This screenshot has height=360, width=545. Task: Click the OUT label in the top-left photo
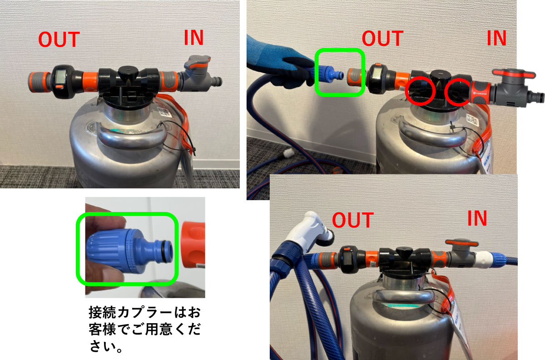click(x=59, y=39)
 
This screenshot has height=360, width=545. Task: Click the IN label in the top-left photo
click(x=193, y=38)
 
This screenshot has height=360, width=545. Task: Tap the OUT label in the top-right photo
click(x=382, y=38)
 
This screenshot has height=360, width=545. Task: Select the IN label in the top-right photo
click(x=496, y=38)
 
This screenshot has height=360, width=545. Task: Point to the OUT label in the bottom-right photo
click(x=353, y=220)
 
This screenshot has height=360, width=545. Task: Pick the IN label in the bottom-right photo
click(x=477, y=218)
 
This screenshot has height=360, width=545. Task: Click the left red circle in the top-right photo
click(x=420, y=91)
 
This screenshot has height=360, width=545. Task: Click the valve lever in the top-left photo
click(x=197, y=62)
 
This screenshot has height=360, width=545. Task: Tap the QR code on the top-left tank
click(x=163, y=112)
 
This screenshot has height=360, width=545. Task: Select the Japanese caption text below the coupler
click(x=144, y=329)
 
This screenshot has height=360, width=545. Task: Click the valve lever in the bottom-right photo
click(x=462, y=243)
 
